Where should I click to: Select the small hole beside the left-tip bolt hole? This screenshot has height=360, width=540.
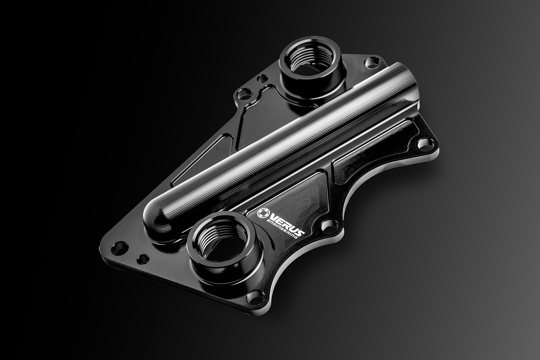(144, 258)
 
